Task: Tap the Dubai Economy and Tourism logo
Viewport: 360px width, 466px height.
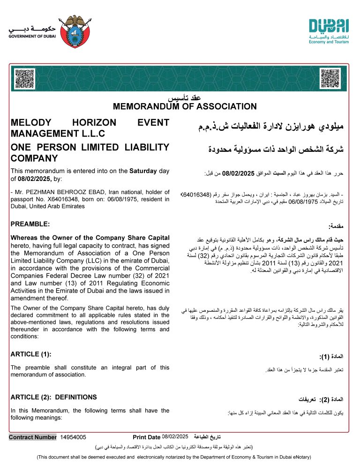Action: point(329,31)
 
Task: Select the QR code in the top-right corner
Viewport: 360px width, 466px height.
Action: point(330,78)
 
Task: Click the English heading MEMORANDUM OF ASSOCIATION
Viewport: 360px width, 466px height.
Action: point(185,106)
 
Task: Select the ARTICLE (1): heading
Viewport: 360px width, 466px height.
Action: point(30,353)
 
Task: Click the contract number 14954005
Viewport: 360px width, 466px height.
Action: point(73,437)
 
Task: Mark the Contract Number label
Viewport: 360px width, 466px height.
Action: point(33,437)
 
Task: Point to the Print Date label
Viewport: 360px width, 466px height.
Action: point(147,437)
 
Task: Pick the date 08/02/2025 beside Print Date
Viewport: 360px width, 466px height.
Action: point(175,437)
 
